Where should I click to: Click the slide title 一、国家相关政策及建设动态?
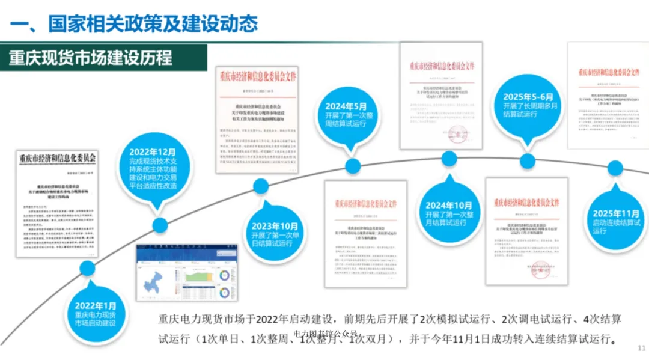tap(135, 23)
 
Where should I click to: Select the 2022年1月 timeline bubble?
tap(96, 313)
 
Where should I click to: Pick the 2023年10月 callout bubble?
tap(276, 234)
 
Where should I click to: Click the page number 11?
tap(641, 347)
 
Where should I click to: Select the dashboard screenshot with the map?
tap(187, 273)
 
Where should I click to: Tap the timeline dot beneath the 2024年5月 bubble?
tap(353, 166)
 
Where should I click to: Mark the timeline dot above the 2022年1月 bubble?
tap(88, 268)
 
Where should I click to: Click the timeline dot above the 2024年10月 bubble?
tap(449, 159)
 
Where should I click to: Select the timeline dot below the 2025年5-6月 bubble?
tap(527, 160)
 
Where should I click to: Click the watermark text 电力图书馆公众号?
tap(325, 334)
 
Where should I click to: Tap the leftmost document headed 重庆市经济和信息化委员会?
tap(57, 204)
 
